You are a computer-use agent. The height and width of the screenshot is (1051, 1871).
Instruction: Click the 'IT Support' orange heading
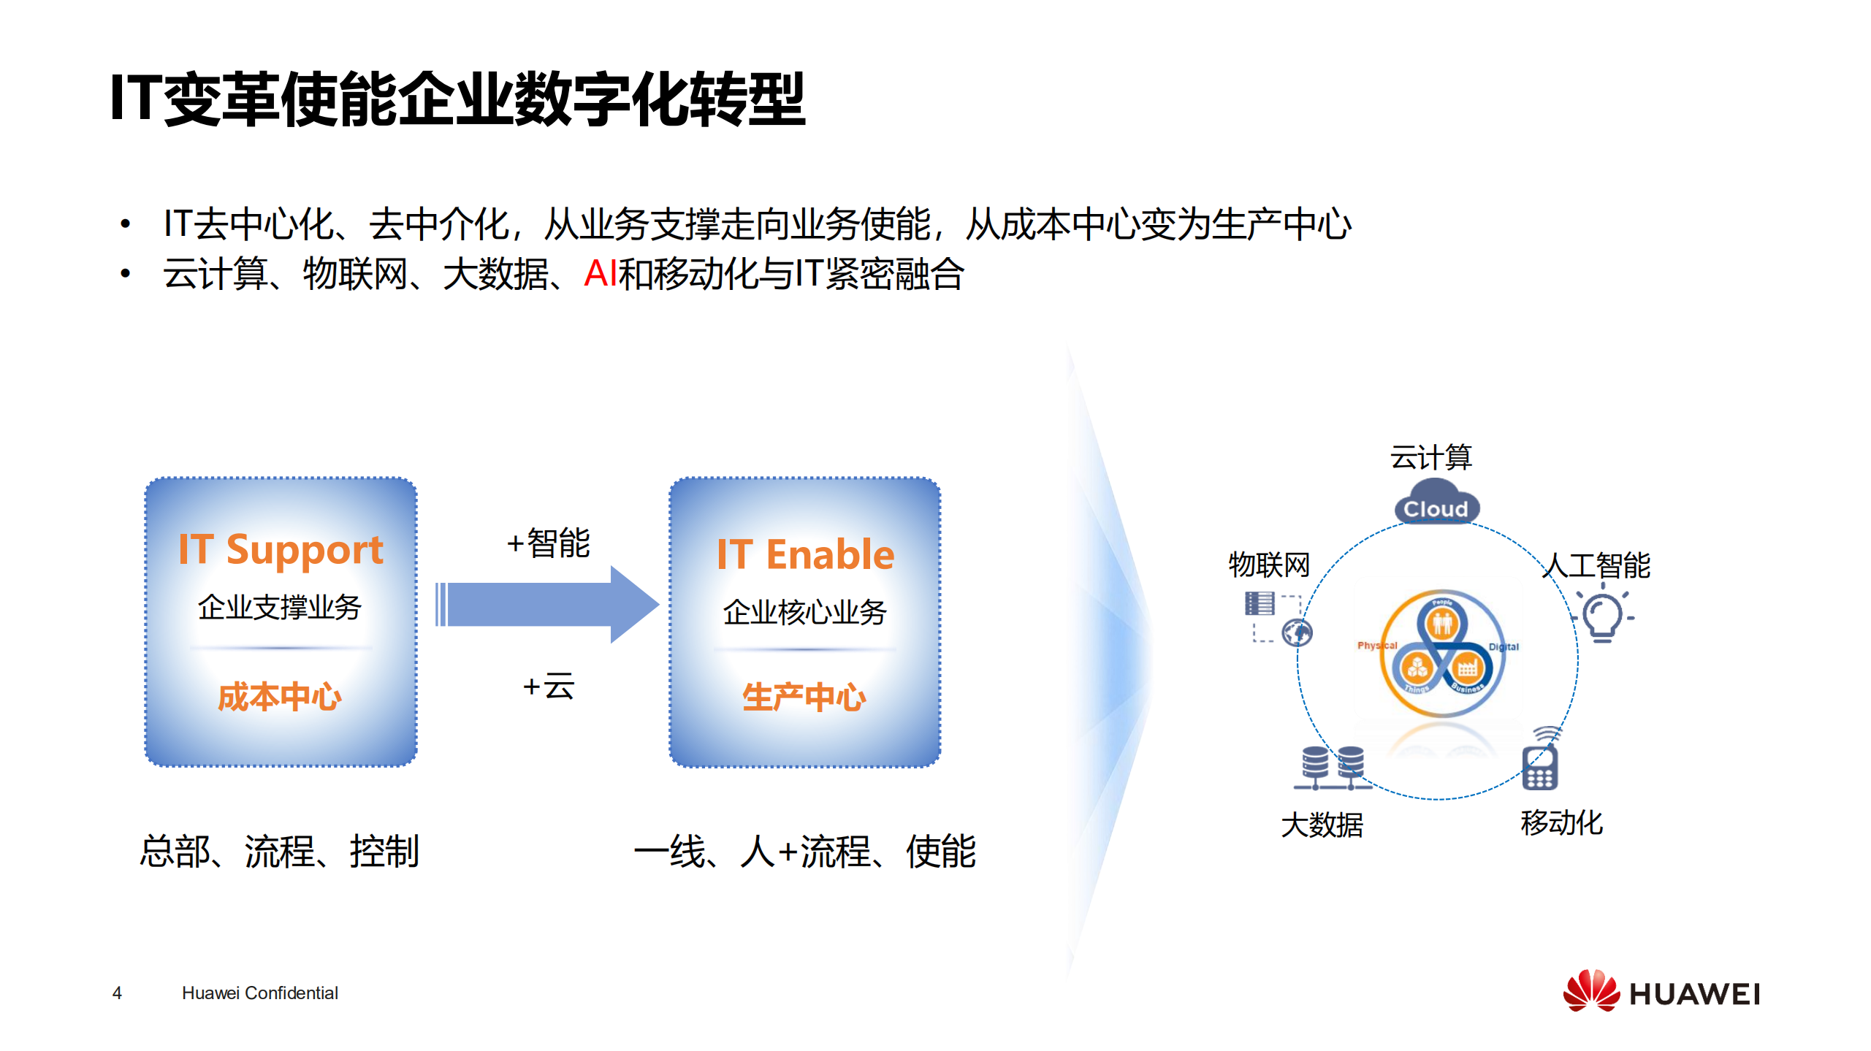[281, 549]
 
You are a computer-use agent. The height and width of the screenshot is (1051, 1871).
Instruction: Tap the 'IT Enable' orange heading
[805, 554]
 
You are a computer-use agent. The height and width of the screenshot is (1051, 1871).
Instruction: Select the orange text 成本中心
[280, 696]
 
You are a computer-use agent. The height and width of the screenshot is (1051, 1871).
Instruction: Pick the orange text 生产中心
[804, 697]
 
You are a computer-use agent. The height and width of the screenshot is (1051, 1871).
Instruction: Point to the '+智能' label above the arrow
[548, 543]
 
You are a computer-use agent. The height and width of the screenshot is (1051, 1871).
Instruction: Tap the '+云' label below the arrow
[548, 687]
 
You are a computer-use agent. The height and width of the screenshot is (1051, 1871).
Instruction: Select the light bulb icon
[1602, 616]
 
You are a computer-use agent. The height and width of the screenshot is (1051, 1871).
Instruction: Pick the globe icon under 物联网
[1297, 632]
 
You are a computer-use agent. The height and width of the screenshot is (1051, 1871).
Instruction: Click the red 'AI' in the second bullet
[601, 274]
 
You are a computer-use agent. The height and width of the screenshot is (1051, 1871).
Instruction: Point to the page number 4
[117, 993]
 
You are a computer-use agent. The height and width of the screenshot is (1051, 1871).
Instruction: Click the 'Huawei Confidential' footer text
[259, 993]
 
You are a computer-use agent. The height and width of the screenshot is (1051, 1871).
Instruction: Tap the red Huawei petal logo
[1590, 991]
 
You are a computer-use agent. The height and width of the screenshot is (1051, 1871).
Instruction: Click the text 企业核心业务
[804, 611]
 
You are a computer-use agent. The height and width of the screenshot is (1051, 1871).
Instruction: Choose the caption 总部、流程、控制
[280, 851]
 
